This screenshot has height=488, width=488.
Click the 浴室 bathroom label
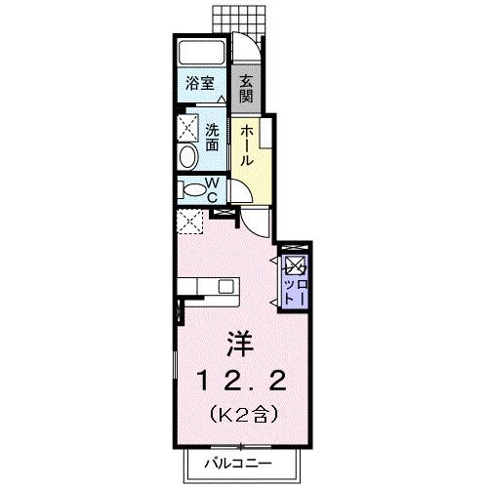coord(202,84)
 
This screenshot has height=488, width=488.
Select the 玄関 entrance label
coord(247,89)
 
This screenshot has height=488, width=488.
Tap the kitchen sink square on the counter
coord(226,287)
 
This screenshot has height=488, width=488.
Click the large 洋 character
coord(240,345)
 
